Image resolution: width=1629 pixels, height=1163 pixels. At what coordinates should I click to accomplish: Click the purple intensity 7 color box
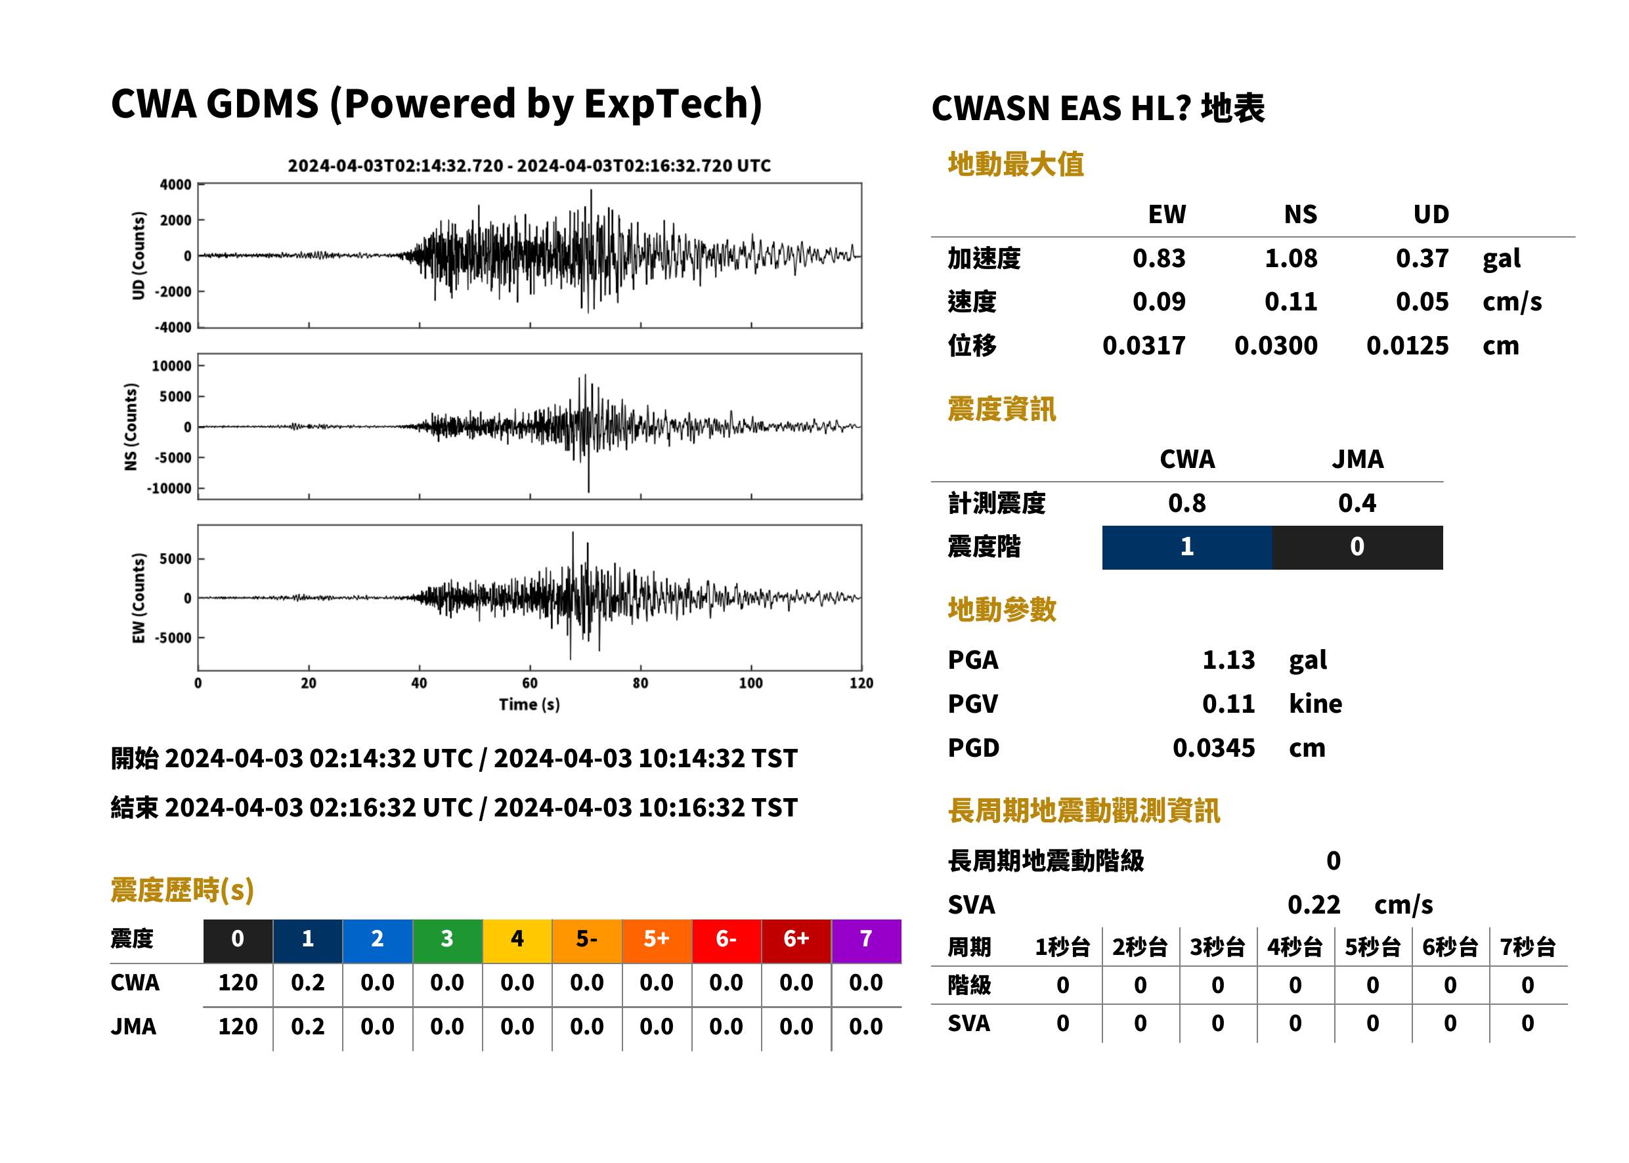(x=866, y=941)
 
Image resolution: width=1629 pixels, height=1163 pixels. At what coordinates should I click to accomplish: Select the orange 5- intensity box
(x=587, y=941)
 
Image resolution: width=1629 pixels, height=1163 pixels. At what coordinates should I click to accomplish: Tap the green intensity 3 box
(x=447, y=941)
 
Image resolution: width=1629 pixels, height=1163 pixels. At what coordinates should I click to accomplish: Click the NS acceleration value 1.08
(x=1291, y=259)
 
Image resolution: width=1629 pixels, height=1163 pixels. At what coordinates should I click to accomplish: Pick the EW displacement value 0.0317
(x=1144, y=346)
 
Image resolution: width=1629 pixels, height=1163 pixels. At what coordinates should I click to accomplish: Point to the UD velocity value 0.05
(x=1422, y=302)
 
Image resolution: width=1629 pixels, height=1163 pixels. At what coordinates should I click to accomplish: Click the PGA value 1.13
(x=1228, y=660)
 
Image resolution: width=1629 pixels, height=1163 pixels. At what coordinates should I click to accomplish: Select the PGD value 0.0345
(x=1214, y=748)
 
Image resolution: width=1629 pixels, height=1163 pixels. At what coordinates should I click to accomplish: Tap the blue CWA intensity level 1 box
(x=1187, y=547)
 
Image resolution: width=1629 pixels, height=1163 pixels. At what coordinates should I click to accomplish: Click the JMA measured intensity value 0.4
(x=1357, y=503)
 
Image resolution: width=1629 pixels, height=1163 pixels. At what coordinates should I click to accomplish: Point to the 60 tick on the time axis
(x=529, y=683)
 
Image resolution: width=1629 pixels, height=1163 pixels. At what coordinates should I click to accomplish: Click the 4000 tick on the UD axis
(x=175, y=185)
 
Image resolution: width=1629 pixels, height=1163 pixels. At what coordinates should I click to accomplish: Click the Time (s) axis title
(x=529, y=705)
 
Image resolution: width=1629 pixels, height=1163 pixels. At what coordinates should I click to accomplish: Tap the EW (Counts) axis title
(x=139, y=598)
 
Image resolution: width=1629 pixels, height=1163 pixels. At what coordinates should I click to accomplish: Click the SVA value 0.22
(x=1314, y=905)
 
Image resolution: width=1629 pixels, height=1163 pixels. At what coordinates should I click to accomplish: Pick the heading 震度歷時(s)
(x=183, y=890)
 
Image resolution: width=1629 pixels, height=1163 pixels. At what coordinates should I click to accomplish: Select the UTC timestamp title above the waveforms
(x=529, y=166)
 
